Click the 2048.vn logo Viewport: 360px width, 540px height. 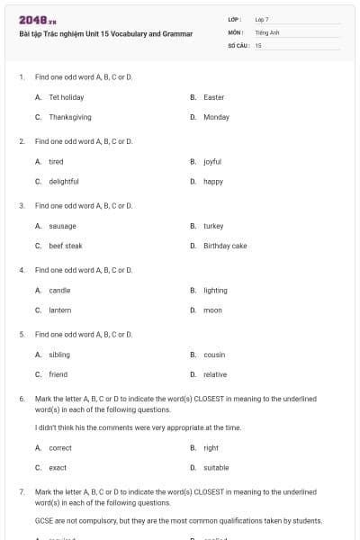pos(37,19)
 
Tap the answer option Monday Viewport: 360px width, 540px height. pos(216,117)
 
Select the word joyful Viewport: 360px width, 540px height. pos(212,162)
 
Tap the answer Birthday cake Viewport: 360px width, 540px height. pos(225,246)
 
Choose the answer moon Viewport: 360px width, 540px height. pos(212,310)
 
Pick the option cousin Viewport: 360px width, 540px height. pos(214,355)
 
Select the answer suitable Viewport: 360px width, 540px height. pos(216,467)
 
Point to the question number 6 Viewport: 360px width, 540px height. pos(21,398)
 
